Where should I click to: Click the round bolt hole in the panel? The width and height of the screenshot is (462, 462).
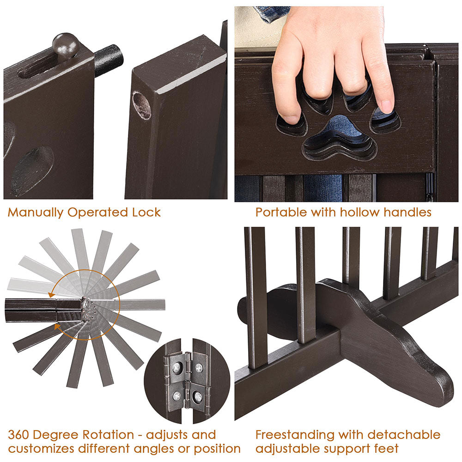141,105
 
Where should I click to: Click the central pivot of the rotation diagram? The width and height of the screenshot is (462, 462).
85,305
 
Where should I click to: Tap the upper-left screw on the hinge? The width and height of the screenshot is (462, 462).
176,367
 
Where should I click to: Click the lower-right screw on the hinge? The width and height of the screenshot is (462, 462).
198,396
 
